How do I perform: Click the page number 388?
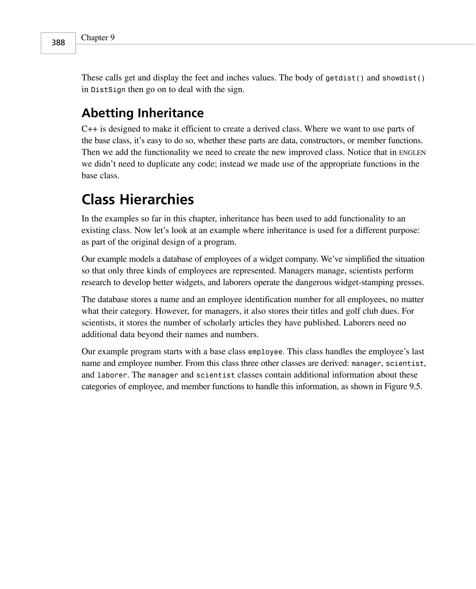coord(58,43)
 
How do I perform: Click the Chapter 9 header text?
coord(98,38)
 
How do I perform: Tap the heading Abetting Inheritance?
coord(142,113)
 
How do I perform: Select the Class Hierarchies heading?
coord(138,199)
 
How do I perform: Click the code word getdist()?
coord(345,78)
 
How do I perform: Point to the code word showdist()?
coord(403,78)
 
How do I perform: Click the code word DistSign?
coord(108,90)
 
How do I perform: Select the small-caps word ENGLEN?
coord(412,153)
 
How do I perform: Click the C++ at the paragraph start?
coord(89,129)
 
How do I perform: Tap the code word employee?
coord(265,352)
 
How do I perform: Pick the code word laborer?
coord(112,375)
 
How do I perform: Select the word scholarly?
coord(220,323)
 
